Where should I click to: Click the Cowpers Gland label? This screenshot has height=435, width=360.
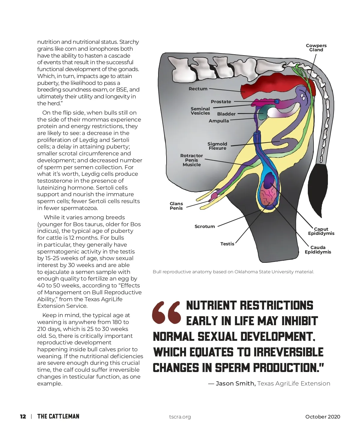pyautogui.click(x=316, y=48)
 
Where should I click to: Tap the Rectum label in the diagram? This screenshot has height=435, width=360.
pyautogui.click(x=198, y=89)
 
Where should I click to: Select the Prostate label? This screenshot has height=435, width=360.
pyautogui.click(x=221, y=102)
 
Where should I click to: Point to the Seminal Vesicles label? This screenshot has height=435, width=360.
pyautogui.click(x=200, y=111)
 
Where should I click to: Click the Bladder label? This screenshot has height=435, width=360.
pyautogui.click(x=226, y=114)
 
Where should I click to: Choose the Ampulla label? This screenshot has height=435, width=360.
pyautogui.click(x=219, y=121)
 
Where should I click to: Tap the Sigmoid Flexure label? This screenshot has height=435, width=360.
pyautogui.click(x=217, y=146)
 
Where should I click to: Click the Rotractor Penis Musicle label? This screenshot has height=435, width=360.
pyautogui.click(x=191, y=160)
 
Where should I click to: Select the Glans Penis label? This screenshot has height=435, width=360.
pyautogui.click(x=176, y=206)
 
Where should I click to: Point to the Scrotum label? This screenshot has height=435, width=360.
pyautogui.click(x=205, y=226)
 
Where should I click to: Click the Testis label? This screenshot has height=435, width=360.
pyautogui.click(x=227, y=244)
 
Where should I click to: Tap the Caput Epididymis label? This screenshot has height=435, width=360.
pyautogui.click(x=321, y=231)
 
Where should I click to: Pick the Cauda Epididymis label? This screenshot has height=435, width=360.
pyautogui.click(x=318, y=250)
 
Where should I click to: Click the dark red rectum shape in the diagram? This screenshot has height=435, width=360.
pyautogui.click(x=264, y=85)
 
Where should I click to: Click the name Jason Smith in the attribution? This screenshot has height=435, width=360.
pyautogui.click(x=235, y=383)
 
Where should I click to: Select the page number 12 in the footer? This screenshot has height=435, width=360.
pyautogui.click(x=23, y=416)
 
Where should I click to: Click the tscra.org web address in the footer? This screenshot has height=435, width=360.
pyautogui.click(x=180, y=417)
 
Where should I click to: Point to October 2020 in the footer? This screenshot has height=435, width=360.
pyautogui.click(x=322, y=417)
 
